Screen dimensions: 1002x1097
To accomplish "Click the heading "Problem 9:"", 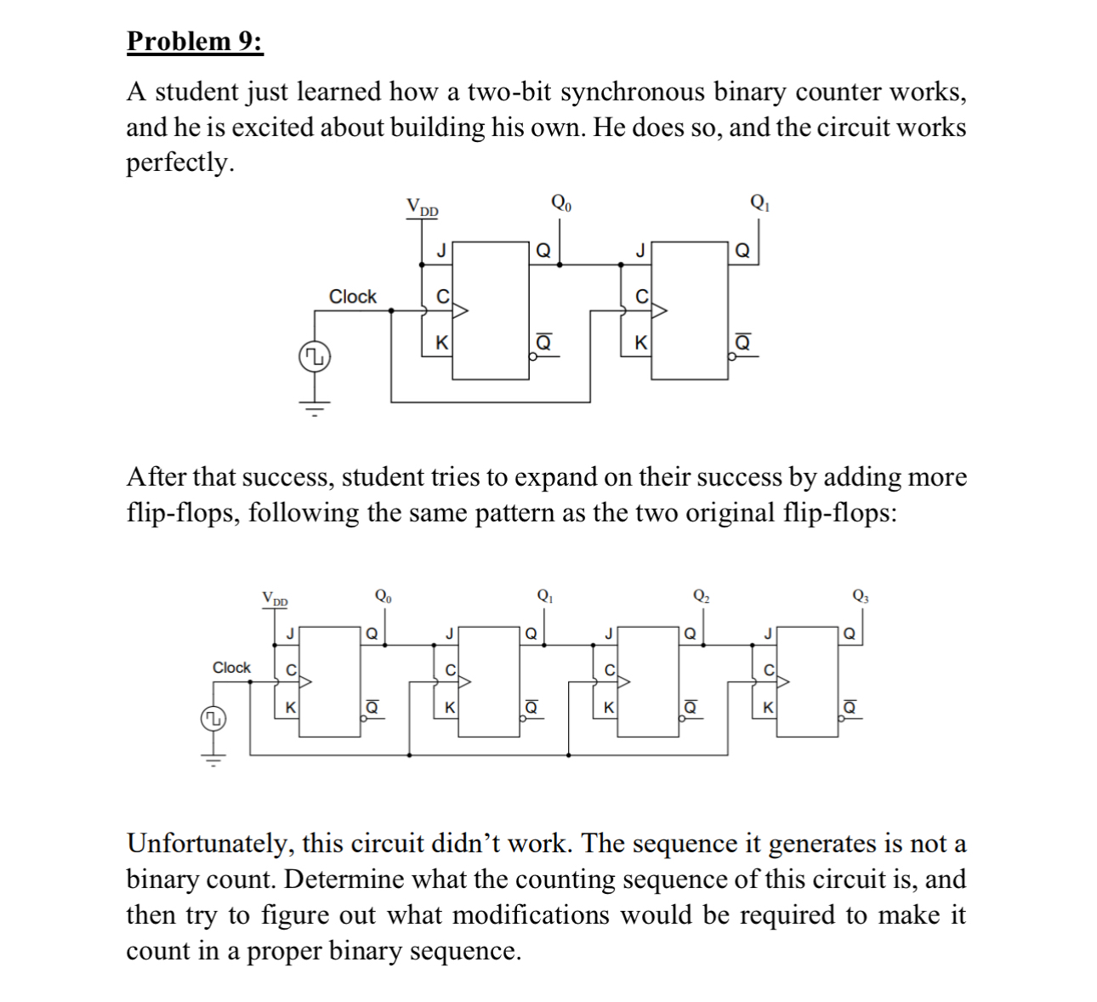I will (x=195, y=41).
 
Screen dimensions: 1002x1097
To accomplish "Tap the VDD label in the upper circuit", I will (x=422, y=207).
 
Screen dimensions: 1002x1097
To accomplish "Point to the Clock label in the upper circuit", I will (x=353, y=297).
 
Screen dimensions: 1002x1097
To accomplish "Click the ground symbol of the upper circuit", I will (x=314, y=410).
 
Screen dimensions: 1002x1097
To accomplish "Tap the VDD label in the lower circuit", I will (x=275, y=599).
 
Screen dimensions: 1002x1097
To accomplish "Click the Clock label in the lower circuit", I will (x=231, y=668).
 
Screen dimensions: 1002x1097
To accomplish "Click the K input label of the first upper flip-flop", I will (x=441, y=343).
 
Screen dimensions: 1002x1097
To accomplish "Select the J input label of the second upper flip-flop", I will (x=640, y=250).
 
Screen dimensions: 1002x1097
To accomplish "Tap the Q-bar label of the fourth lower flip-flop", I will (x=850, y=707).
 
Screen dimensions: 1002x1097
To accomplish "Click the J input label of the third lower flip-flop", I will (x=608, y=633).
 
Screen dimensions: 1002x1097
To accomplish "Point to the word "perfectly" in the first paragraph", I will (x=179, y=162).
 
